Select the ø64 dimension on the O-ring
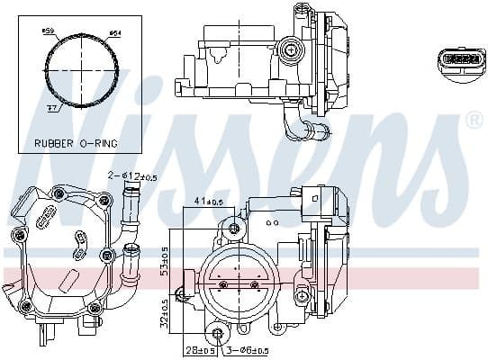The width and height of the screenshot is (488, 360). (114, 34)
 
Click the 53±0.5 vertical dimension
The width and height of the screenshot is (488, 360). (165, 256)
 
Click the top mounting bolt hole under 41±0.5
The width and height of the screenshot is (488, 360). (237, 226)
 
